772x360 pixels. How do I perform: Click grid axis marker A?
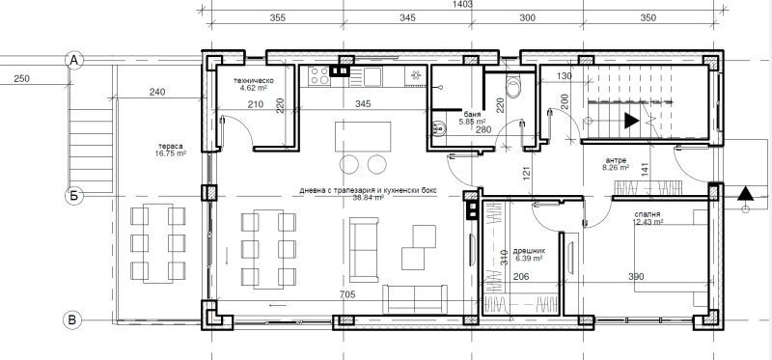pos(71,60)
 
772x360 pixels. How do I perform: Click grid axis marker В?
pos(71,319)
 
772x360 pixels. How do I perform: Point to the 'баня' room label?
pos(472,112)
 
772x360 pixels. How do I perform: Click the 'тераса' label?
pos(172,148)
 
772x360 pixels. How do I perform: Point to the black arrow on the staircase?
pos(630,122)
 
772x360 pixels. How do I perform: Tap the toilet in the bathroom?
pos(512,89)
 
